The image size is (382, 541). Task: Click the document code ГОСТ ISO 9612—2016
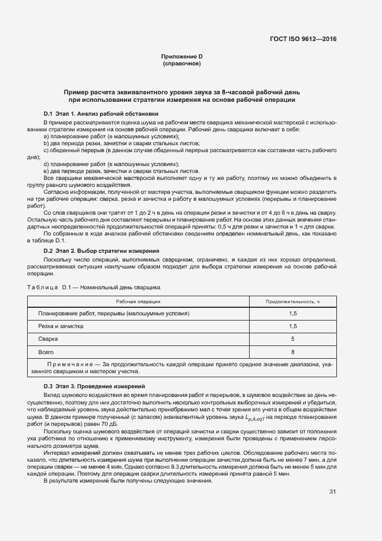pyautogui.click(x=303, y=39)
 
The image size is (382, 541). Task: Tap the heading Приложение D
pyautogui.click(x=181, y=56)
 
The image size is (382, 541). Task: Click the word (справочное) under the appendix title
pyautogui.click(x=181, y=63)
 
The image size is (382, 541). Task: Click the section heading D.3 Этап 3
pyautogui.click(x=94, y=386)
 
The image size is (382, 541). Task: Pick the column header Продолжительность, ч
pyautogui.click(x=292, y=301)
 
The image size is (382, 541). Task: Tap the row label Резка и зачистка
pyautogui.click(x=61, y=326)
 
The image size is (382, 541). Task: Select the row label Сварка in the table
pyautogui.click(x=47, y=339)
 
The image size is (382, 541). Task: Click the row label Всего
pyautogui.click(x=46, y=352)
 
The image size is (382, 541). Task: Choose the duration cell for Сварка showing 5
pyautogui.click(x=292, y=339)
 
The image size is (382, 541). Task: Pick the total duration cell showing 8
pyautogui.click(x=292, y=352)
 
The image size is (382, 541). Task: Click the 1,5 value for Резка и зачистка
pyautogui.click(x=292, y=326)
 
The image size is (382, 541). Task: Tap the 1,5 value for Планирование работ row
pyautogui.click(x=292, y=314)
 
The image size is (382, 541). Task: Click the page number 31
pyautogui.click(x=332, y=492)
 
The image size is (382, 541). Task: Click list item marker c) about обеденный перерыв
pyautogui.click(x=46, y=150)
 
